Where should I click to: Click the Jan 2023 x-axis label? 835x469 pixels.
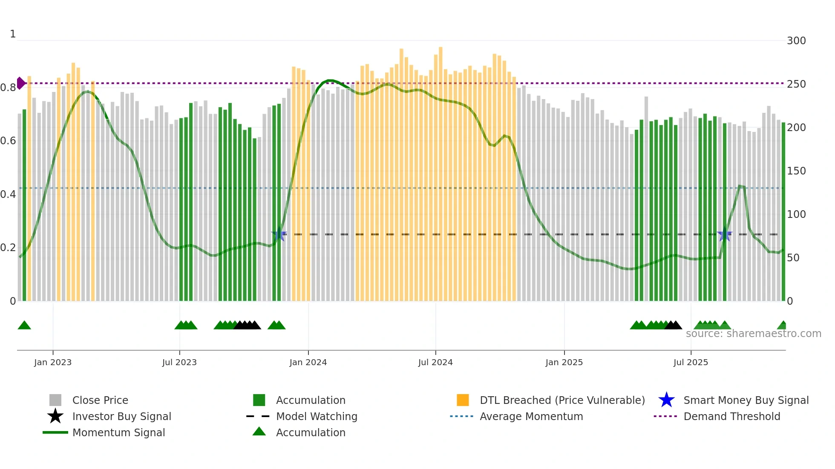tap(53, 362)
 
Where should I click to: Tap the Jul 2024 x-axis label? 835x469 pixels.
tap(435, 362)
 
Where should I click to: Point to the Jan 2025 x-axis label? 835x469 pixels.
tap(564, 362)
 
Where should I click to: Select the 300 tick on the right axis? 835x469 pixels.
tap(796, 41)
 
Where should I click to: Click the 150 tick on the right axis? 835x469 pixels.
tap(796, 171)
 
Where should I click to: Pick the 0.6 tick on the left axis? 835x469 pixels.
tap(8, 141)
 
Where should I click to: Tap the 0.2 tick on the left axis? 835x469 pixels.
tap(8, 248)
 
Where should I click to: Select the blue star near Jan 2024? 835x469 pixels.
tap(279, 234)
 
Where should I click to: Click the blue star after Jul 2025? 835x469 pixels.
tap(724, 234)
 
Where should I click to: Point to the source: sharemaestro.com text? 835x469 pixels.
tap(753, 334)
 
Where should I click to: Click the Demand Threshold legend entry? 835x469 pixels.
tap(731, 416)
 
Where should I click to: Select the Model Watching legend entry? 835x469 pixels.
tap(316, 416)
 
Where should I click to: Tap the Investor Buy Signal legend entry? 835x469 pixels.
tap(121, 416)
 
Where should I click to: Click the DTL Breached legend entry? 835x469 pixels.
tap(562, 400)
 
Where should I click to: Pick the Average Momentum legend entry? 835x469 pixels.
tap(531, 416)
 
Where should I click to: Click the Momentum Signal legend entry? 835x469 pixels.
tap(118, 432)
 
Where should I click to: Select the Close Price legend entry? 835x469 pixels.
tap(100, 400)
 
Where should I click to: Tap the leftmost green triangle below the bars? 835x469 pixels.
tap(24, 326)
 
